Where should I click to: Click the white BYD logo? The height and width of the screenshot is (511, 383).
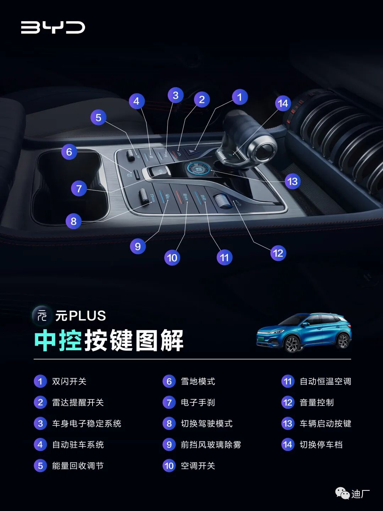tap(53, 27)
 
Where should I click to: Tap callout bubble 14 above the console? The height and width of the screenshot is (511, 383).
tap(283, 103)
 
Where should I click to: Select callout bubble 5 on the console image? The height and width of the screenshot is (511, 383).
tap(99, 117)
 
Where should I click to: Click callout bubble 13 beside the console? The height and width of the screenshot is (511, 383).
tap(292, 181)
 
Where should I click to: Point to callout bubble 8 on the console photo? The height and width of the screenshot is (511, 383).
tap(73, 221)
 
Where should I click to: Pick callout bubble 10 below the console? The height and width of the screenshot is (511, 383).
tap(172, 257)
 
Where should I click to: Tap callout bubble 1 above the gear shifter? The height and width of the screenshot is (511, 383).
tap(240, 97)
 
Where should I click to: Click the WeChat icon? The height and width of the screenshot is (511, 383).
tap(342, 493)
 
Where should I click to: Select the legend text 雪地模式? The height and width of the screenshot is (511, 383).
tap(198, 381)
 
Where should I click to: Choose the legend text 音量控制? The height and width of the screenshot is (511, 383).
tap(317, 402)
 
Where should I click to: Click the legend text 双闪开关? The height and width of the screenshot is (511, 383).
tap(69, 381)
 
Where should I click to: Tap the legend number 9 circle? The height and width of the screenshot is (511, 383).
tap(169, 445)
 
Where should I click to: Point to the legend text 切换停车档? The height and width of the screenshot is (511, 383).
tap(321, 445)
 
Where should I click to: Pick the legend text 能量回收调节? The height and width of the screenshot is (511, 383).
tap(78, 466)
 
